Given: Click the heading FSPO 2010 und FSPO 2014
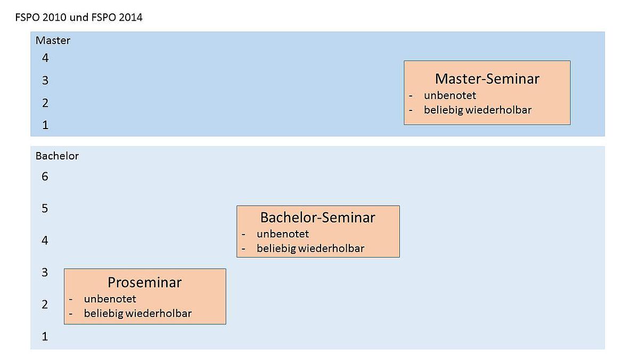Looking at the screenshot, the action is (79, 18).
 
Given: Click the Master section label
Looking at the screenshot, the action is (53, 41).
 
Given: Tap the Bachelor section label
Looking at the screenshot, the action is (57, 156).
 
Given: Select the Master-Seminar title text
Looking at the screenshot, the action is (487, 79).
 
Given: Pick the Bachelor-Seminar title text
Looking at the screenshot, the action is (318, 218).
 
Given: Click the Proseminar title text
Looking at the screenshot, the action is (145, 283).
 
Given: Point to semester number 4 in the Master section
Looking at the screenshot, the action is (45, 58).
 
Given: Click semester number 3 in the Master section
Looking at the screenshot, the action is (45, 81).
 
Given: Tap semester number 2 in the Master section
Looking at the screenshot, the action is (45, 103).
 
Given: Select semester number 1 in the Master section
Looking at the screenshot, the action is (45, 125).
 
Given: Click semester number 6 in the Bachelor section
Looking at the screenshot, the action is (45, 177).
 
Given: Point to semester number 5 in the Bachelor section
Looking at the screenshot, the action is (45, 209).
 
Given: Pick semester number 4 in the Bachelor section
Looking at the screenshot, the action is (45, 241).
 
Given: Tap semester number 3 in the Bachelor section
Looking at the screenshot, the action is (45, 273).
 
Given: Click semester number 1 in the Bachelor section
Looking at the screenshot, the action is (45, 337).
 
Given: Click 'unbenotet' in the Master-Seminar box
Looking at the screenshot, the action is (450, 95).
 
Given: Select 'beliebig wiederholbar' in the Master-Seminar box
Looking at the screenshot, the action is (478, 110).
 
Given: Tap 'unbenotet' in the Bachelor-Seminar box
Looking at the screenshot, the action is (283, 234).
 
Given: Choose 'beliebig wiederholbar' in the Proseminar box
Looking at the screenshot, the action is (138, 314).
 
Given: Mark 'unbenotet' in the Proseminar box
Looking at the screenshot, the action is (110, 299).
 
